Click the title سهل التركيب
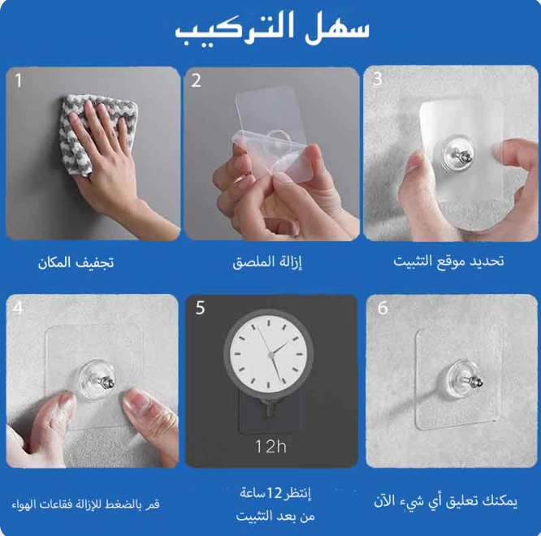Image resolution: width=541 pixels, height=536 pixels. [272, 29]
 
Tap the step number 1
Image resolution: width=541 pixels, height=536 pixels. [19, 80]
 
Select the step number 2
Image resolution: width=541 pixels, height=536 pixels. [196, 80]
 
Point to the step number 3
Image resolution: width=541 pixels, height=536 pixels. [378, 79]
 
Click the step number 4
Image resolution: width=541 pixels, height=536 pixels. [18, 307]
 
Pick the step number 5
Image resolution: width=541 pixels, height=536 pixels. [200, 307]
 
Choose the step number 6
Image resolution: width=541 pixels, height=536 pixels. [383, 307]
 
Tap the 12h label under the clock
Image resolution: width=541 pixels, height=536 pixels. [270, 447]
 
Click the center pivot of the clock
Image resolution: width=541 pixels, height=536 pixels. [271, 354]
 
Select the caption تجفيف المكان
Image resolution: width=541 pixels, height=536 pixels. [76, 263]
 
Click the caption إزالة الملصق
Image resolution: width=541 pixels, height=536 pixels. [267, 263]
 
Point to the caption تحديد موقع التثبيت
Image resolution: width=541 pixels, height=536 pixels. [448, 262]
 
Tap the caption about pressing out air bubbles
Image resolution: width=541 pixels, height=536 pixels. [85, 504]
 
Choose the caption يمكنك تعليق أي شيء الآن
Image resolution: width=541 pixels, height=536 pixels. [445, 501]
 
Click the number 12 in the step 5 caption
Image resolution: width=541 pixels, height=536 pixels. [275, 493]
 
